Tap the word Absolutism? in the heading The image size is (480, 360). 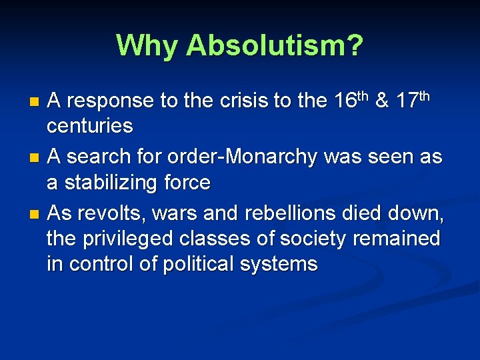tap(275, 45)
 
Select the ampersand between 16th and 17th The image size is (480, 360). tap(383, 101)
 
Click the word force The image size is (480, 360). tap(186, 182)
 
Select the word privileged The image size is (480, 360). tap(127, 239)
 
